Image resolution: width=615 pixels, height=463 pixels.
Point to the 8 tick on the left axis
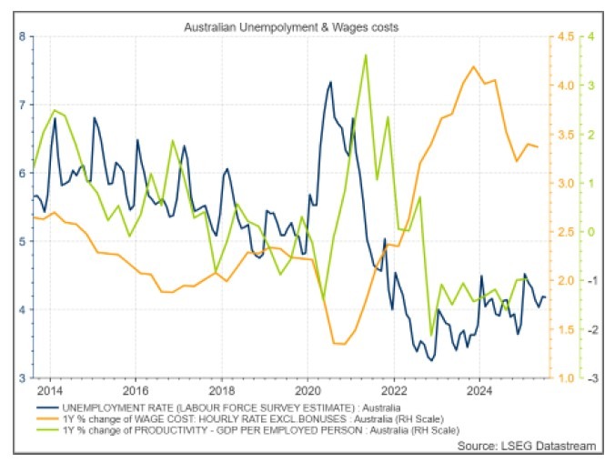point(21,36)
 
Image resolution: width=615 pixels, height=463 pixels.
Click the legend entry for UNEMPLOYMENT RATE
point(227,404)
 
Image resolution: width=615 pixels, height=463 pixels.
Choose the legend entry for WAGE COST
point(255,416)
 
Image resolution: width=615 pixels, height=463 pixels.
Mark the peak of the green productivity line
point(366,55)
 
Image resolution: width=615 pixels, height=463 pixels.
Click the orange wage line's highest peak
point(473,66)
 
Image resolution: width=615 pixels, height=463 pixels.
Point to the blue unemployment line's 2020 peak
point(330,82)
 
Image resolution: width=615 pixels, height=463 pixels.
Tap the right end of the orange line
point(538,146)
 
